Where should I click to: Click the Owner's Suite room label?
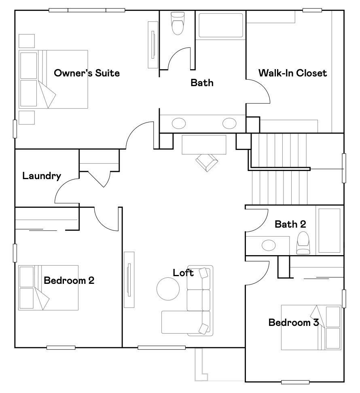tap(87, 73)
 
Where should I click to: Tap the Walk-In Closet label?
tap(292, 73)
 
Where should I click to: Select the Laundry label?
tap(42, 176)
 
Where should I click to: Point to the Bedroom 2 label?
tap(69, 280)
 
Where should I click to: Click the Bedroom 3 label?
tap(293, 322)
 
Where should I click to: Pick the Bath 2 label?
tap(290, 224)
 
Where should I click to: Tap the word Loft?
tap(183, 273)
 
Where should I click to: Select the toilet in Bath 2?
tap(303, 243)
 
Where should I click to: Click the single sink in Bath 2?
tap(268, 245)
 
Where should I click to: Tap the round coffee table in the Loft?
tap(168, 289)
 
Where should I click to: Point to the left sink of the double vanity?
tap(179, 123)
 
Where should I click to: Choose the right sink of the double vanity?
tap(229, 123)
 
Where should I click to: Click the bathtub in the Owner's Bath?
tap(220, 25)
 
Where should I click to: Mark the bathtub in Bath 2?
tap(328, 230)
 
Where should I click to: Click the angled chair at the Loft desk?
tap(207, 163)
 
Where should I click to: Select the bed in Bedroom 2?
tap(49, 287)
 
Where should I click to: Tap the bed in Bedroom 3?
tap(311, 327)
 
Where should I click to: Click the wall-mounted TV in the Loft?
tap(129, 279)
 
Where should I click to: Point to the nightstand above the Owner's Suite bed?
tap(27, 41)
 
